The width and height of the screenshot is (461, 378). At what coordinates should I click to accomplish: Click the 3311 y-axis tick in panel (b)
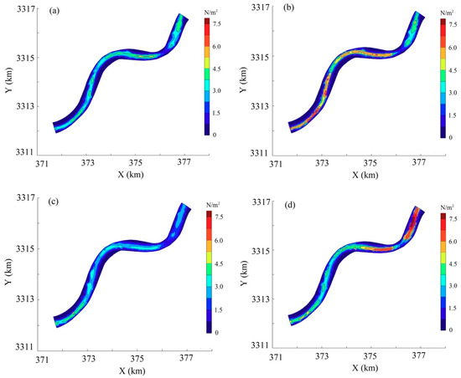click(x=256, y=154)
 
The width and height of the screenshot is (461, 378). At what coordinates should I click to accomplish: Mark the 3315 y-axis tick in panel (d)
click(x=256, y=250)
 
